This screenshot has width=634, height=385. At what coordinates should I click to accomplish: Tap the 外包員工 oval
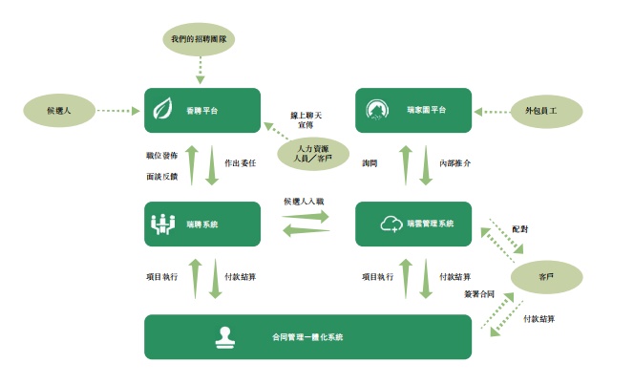[545, 112]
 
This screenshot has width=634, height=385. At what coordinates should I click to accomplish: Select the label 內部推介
[454, 163]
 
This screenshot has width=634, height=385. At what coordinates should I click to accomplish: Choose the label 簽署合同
[479, 291]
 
